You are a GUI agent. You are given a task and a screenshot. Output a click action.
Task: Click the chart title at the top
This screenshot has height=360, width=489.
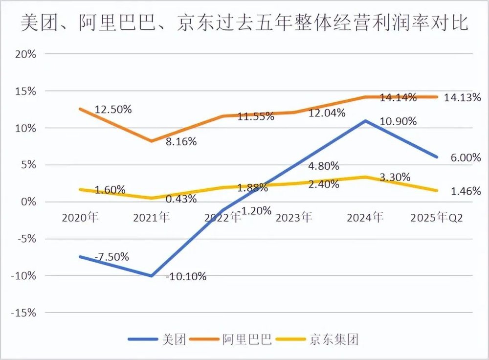244,22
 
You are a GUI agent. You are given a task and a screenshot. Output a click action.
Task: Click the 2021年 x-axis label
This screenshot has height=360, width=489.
151,218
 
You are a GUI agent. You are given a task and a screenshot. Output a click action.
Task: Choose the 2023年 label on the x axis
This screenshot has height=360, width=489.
293,218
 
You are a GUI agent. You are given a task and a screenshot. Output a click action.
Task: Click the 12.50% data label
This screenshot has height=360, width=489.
113,110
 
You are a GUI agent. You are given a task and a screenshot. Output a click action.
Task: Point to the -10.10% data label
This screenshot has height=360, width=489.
186,277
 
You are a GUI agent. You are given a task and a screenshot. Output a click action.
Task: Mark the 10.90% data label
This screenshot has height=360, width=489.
398,121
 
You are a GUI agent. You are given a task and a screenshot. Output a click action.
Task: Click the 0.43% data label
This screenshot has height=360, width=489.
181,199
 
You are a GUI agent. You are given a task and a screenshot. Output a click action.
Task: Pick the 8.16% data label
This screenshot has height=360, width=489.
181,142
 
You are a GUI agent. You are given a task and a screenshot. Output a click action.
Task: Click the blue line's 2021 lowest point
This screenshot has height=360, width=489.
152,276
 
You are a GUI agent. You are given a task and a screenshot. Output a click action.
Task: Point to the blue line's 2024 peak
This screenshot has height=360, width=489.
366,120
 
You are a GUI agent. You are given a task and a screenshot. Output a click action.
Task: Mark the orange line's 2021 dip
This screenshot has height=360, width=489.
152,141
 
